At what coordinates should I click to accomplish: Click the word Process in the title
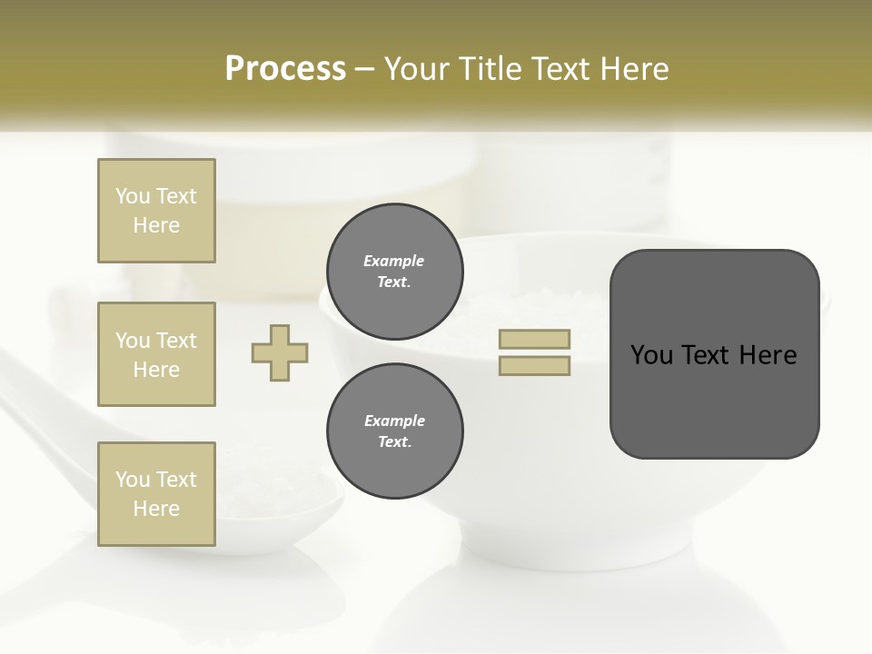[x=285, y=69]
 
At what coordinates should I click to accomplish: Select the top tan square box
[x=156, y=211]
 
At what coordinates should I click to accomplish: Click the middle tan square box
[x=156, y=354]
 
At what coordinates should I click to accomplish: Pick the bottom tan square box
[x=156, y=494]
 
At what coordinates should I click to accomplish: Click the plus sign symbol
[x=280, y=352]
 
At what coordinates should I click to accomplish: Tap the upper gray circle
[x=395, y=272]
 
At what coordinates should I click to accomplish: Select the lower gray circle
[x=395, y=431]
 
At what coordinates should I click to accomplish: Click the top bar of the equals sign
[x=534, y=340]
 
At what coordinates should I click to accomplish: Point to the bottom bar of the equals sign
[x=534, y=366]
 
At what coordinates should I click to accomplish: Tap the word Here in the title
[x=633, y=69]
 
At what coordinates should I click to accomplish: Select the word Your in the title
[x=417, y=69]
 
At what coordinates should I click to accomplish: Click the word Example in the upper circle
[x=394, y=261]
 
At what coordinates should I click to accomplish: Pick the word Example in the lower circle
[x=394, y=421]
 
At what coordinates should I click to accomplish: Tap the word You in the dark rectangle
[x=650, y=355]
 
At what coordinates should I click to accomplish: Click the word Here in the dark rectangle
[x=768, y=355]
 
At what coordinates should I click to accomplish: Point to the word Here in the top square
[x=156, y=225]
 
